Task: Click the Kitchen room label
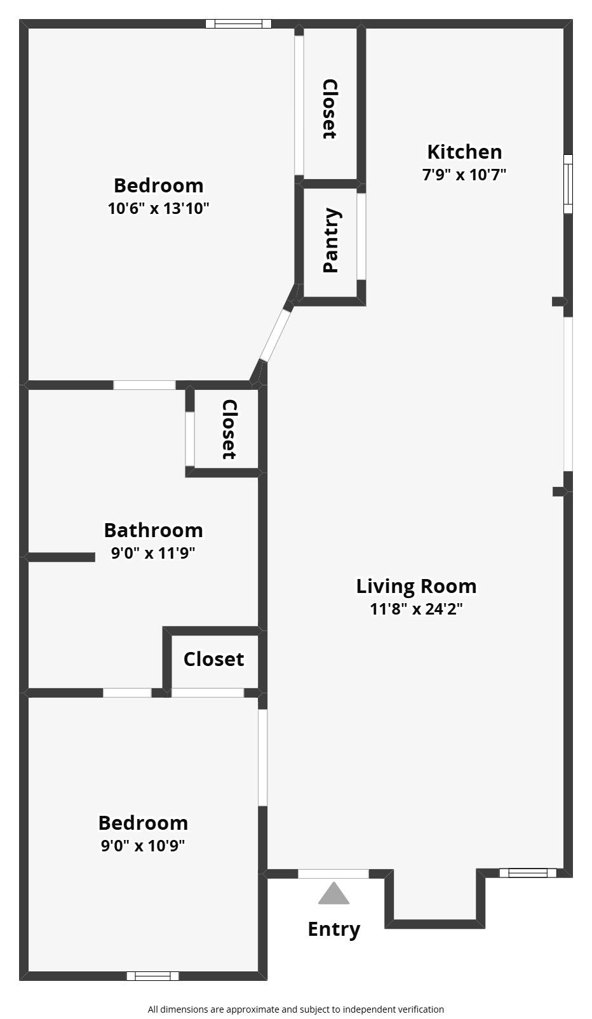(464, 152)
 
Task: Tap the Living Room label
(416, 586)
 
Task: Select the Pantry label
(331, 240)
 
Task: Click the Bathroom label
(153, 530)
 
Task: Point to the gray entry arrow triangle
(333, 893)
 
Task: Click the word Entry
(334, 929)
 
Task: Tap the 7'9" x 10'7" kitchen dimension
(464, 175)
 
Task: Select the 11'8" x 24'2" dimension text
(416, 609)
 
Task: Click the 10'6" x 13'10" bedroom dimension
(158, 208)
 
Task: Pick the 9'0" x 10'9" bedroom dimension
(143, 845)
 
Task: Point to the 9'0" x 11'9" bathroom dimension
(153, 553)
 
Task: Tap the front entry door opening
(333, 874)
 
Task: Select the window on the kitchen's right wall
(568, 183)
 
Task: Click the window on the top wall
(238, 23)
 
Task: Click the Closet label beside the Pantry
(330, 109)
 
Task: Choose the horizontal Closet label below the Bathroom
(214, 659)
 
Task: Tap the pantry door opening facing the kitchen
(361, 237)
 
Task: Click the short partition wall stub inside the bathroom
(60, 557)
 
